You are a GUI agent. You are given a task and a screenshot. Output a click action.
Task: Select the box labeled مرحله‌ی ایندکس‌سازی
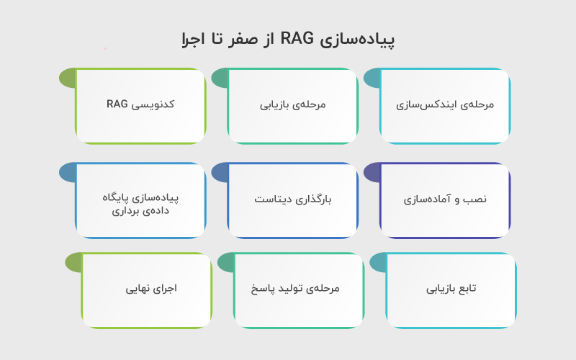[445, 105]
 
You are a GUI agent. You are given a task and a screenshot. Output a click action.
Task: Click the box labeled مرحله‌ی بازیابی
[292, 105]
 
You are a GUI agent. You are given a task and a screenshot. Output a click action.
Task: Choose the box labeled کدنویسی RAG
[140, 105]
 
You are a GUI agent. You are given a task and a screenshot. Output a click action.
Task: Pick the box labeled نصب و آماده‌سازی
[445, 199]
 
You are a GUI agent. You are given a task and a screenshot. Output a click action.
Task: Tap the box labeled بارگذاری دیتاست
[292, 199]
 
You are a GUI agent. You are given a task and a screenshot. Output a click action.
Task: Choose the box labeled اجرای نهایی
[147, 289]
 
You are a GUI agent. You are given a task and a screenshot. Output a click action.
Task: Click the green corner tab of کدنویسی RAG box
[66, 78]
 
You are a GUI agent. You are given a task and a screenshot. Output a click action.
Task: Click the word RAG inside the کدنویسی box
[117, 104]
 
